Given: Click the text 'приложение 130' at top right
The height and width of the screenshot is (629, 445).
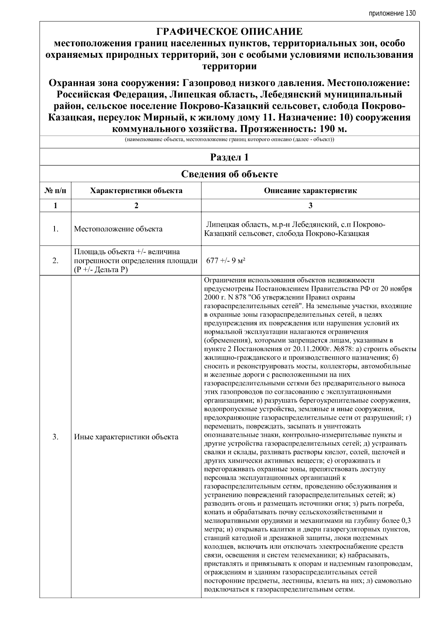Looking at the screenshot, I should (392, 13).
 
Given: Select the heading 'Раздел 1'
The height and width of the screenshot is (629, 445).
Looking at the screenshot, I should (229, 157).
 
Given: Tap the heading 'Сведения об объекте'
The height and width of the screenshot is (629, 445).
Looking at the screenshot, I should (229, 174).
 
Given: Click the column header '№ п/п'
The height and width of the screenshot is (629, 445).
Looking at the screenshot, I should (55, 191).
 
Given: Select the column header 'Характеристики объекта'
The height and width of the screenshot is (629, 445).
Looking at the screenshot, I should (136, 191).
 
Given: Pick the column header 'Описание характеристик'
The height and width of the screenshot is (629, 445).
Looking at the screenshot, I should (310, 191).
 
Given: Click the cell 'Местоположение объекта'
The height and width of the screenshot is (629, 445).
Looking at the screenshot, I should (118, 229).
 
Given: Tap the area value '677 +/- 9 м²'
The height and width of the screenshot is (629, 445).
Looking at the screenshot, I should (226, 261).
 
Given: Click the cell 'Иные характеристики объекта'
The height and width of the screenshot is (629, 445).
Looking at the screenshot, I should (126, 437).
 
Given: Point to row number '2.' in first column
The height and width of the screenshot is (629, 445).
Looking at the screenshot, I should (55, 261).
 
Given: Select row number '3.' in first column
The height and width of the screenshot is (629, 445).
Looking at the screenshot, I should (55, 437).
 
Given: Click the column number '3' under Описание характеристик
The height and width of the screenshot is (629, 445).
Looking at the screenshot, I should (310, 206).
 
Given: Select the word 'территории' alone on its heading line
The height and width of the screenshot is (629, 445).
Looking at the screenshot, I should (229, 66).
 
